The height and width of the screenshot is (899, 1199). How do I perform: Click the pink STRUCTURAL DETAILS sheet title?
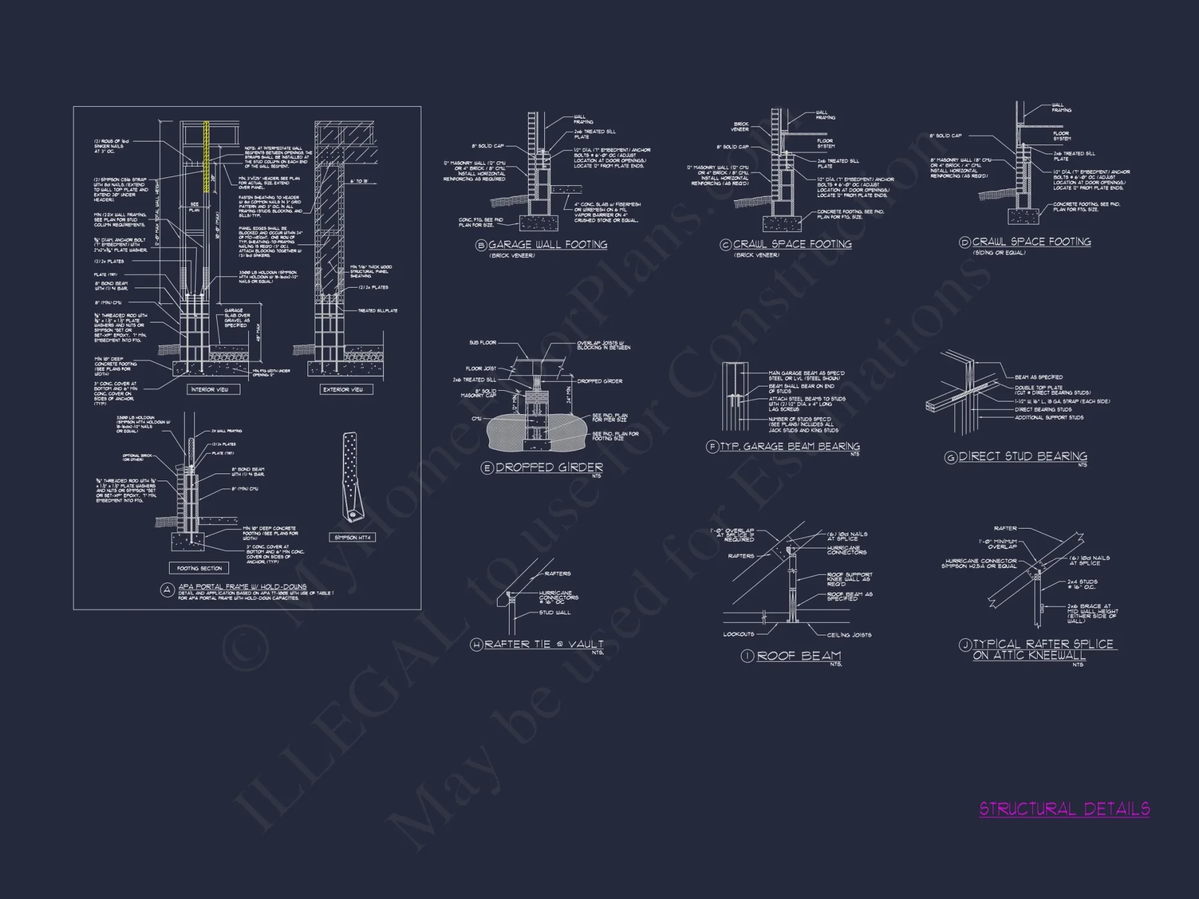pos(1064,809)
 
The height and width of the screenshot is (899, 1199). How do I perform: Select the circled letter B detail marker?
pos(481,245)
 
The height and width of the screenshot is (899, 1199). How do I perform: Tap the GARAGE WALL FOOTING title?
pos(547,245)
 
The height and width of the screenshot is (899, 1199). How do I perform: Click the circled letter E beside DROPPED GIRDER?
pos(487,468)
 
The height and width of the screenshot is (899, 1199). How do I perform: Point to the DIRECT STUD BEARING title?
pos(1023,457)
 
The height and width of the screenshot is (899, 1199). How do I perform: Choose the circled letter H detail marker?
pos(477,645)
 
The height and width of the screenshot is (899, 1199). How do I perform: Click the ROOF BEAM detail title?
pos(799,656)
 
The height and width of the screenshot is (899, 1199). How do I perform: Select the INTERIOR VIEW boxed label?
pos(209,390)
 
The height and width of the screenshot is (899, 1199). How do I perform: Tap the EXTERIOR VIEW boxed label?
pos(343,390)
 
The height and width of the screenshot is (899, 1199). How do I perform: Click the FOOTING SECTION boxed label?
pos(199,568)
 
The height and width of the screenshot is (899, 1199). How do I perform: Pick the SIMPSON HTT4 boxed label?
pos(352,538)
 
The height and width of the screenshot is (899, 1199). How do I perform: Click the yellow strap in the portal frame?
pos(207,157)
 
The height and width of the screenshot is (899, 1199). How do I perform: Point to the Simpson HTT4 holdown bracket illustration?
pos(350,477)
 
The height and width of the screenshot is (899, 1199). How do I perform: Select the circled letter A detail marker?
pos(167,590)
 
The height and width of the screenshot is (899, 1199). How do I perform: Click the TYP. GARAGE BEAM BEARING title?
pos(790,447)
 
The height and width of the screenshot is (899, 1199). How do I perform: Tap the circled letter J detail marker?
pos(965,645)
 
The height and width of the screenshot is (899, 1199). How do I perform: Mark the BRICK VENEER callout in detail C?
pos(740,126)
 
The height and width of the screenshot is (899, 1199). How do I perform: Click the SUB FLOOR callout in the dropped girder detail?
pos(483,343)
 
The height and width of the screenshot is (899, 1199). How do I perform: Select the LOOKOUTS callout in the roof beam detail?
pos(739,634)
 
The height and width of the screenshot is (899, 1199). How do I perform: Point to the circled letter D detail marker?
pos(965,243)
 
